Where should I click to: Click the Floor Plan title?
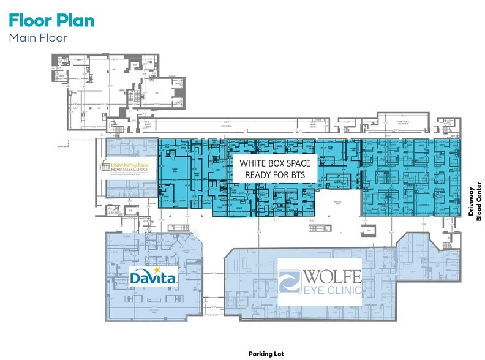click(x=51, y=20)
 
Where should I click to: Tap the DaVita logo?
click(x=154, y=277)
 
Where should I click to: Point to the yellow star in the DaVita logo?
click(x=157, y=270)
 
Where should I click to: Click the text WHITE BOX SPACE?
click(x=275, y=163)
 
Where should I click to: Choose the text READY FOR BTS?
click(x=275, y=175)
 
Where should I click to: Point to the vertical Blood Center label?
click(x=479, y=204)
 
